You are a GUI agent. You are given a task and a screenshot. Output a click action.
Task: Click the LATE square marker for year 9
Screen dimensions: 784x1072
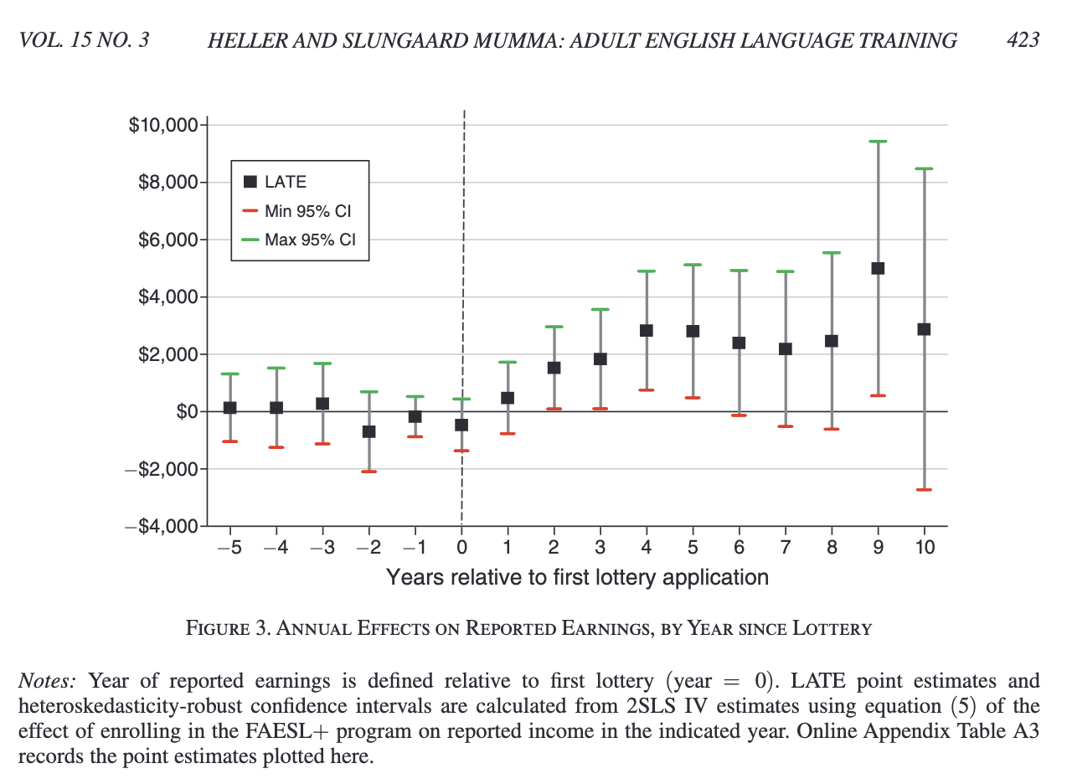coord(878,268)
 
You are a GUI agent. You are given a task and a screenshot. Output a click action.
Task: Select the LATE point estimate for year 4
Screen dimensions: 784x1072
coord(646,330)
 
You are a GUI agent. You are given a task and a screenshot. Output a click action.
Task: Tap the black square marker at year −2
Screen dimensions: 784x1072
coord(368,431)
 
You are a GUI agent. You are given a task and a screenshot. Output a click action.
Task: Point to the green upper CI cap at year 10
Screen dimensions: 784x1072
coord(924,168)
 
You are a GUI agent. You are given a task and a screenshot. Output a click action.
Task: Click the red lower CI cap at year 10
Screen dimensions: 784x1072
coord(924,489)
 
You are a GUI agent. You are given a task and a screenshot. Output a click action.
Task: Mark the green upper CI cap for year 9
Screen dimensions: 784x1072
coord(878,142)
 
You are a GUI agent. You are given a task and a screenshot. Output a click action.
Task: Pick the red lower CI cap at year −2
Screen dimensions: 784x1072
coord(368,472)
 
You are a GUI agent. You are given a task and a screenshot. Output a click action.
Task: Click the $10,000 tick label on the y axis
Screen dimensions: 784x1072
coord(162,126)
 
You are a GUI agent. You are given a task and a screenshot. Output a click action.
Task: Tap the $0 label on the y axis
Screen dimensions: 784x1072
coord(186,412)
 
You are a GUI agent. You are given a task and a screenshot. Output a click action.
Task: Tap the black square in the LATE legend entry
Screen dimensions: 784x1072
coord(250,182)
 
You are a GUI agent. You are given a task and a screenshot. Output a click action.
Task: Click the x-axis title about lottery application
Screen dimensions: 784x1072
coord(577,577)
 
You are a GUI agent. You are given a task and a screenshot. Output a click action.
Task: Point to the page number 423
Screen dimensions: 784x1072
coord(1023,39)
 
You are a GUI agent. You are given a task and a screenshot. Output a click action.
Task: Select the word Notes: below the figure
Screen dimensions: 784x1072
coord(47,681)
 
